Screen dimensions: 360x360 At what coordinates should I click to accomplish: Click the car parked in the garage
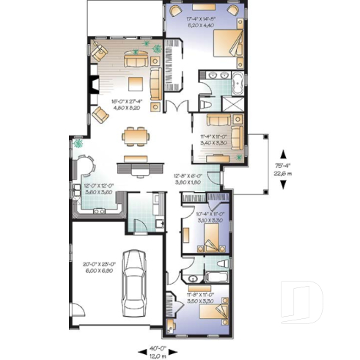134,281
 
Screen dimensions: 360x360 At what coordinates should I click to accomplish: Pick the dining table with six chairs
134,136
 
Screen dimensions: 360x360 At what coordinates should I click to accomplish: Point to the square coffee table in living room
136,81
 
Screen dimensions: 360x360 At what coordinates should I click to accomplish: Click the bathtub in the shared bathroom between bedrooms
218,276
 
